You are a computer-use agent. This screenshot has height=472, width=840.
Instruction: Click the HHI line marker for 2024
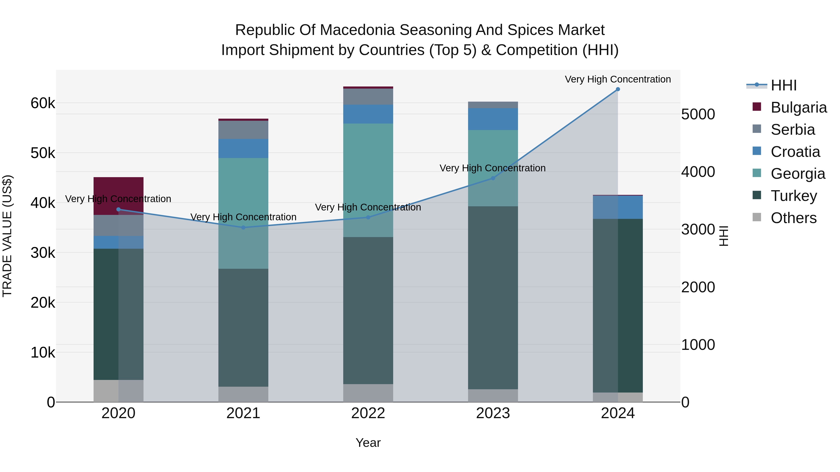click(618, 89)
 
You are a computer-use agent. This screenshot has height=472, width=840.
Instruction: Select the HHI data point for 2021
click(243, 227)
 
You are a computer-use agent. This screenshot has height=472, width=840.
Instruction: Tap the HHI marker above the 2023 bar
click(493, 178)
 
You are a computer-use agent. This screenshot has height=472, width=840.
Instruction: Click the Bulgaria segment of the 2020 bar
click(118, 189)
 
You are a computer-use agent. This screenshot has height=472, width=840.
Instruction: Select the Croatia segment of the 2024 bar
click(618, 207)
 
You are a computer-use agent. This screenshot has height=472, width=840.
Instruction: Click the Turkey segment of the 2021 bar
click(243, 327)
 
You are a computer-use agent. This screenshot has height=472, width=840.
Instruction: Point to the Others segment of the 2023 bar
click(493, 396)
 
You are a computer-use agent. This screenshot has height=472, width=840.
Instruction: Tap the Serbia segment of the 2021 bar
click(243, 130)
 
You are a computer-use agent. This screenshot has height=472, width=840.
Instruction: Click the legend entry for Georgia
click(798, 174)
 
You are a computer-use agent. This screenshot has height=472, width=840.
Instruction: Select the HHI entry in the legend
click(783, 85)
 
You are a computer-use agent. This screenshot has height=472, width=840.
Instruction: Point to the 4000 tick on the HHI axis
click(698, 172)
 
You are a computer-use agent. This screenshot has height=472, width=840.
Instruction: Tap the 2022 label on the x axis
click(368, 413)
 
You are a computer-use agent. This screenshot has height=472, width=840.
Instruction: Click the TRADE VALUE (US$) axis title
click(7, 236)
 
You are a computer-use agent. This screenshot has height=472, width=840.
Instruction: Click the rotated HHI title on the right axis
click(723, 236)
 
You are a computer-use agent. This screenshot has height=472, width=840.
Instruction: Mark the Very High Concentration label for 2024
click(618, 79)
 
